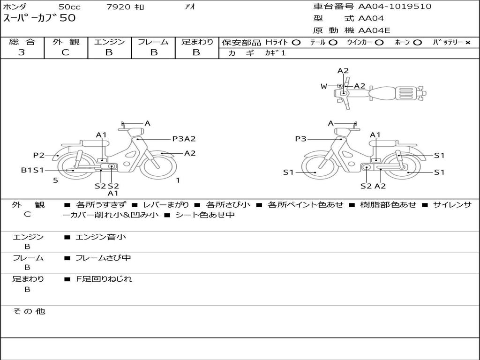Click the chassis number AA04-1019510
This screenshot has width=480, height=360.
(395, 7)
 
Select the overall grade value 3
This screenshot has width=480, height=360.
(22, 52)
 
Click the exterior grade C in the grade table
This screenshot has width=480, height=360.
(65, 52)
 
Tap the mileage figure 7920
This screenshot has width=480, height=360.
(119, 7)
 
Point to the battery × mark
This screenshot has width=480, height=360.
(467, 43)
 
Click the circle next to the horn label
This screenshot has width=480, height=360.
(417, 43)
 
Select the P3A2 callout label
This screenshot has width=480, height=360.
(184, 139)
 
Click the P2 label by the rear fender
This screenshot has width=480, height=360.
(39, 155)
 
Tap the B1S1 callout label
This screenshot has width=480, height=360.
(32, 170)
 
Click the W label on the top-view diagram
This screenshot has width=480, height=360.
(324, 86)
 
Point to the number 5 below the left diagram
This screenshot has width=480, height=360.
(55, 180)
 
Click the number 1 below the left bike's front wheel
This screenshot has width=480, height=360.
(178, 180)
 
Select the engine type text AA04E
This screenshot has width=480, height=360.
(374, 30)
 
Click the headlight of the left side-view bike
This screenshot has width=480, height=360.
(136, 133)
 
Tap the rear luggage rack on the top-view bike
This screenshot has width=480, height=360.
(406, 93)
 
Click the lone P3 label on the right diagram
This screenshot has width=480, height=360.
(300, 139)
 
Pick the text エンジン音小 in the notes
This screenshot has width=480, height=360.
(101, 237)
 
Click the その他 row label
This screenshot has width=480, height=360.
(29, 311)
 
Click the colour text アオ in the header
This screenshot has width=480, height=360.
(190, 7)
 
